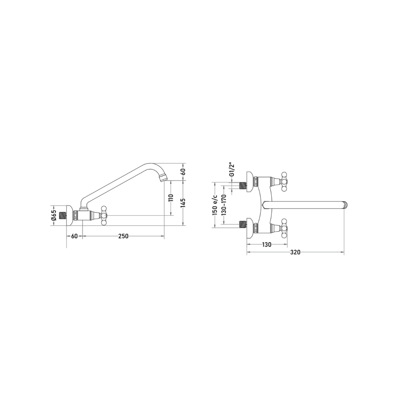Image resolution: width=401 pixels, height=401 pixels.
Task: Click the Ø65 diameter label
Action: click(x=54, y=216)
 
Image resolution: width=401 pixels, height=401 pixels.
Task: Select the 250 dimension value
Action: click(x=123, y=236)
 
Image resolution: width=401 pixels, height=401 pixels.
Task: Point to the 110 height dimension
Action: click(x=171, y=198)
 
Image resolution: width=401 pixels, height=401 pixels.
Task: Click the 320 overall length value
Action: click(x=296, y=252)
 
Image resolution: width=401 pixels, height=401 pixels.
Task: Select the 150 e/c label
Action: click(x=215, y=205)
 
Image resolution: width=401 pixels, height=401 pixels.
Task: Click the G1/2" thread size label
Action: click(x=232, y=169)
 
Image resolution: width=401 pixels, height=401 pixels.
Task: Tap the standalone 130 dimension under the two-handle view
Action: click(x=267, y=244)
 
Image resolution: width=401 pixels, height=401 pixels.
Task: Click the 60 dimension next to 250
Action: click(x=74, y=236)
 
